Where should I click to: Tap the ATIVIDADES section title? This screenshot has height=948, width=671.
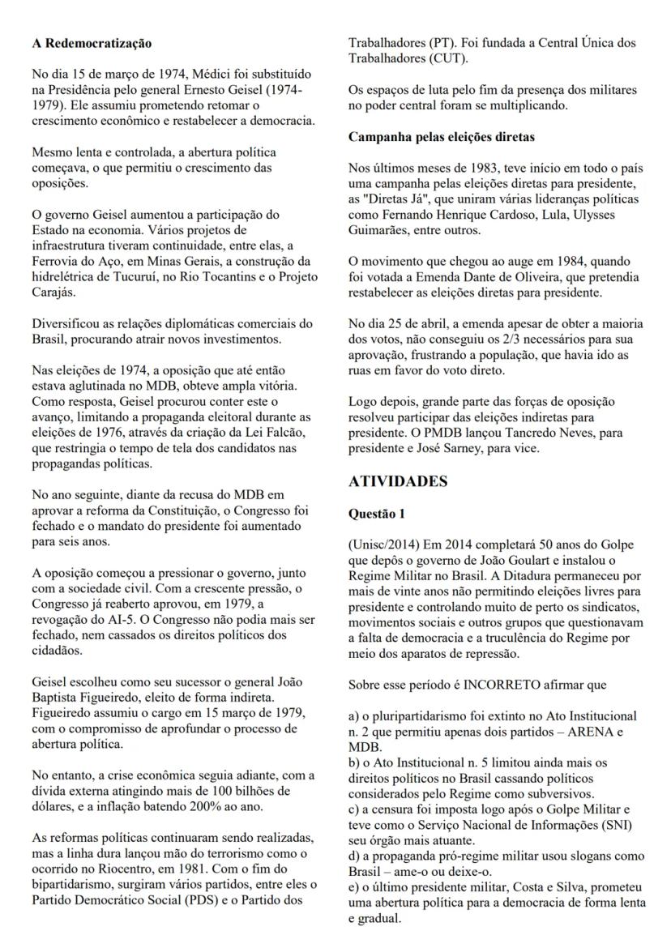pos(398,481)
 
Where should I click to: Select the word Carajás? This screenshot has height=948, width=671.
pos(46,293)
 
